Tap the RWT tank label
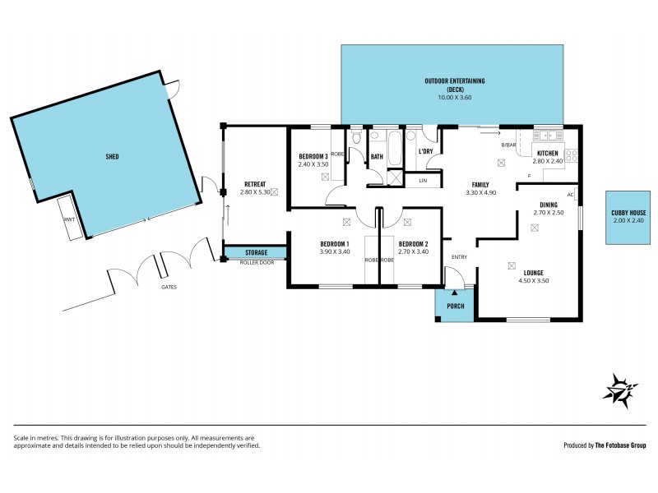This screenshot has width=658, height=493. (x=69, y=221)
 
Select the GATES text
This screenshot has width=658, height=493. (x=169, y=288)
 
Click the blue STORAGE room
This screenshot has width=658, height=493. (x=255, y=252)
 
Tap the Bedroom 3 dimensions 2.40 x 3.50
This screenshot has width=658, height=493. (x=313, y=164)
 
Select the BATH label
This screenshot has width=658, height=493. (x=377, y=156)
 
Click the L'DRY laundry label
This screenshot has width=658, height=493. (x=425, y=151)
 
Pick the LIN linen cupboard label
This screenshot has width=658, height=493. (x=423, y=180)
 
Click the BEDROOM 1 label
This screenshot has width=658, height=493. (x=335, y=243)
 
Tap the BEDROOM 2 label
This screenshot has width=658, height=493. (x=413, y=243)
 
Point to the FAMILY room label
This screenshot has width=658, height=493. (x=482, y=184)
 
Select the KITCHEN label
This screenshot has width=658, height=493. (x=548, y=153)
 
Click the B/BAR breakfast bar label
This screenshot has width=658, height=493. (x=508, y=145)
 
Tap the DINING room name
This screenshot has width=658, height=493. (x=548, y=205)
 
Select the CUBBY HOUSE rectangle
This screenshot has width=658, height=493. (x=628, y=218)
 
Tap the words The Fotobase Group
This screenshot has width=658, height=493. (x=616, y=445)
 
